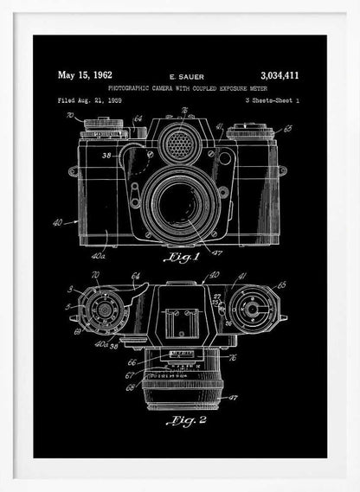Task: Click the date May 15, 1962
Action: [x=84, y=75]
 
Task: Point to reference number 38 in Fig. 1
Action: [x=106, y=157]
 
